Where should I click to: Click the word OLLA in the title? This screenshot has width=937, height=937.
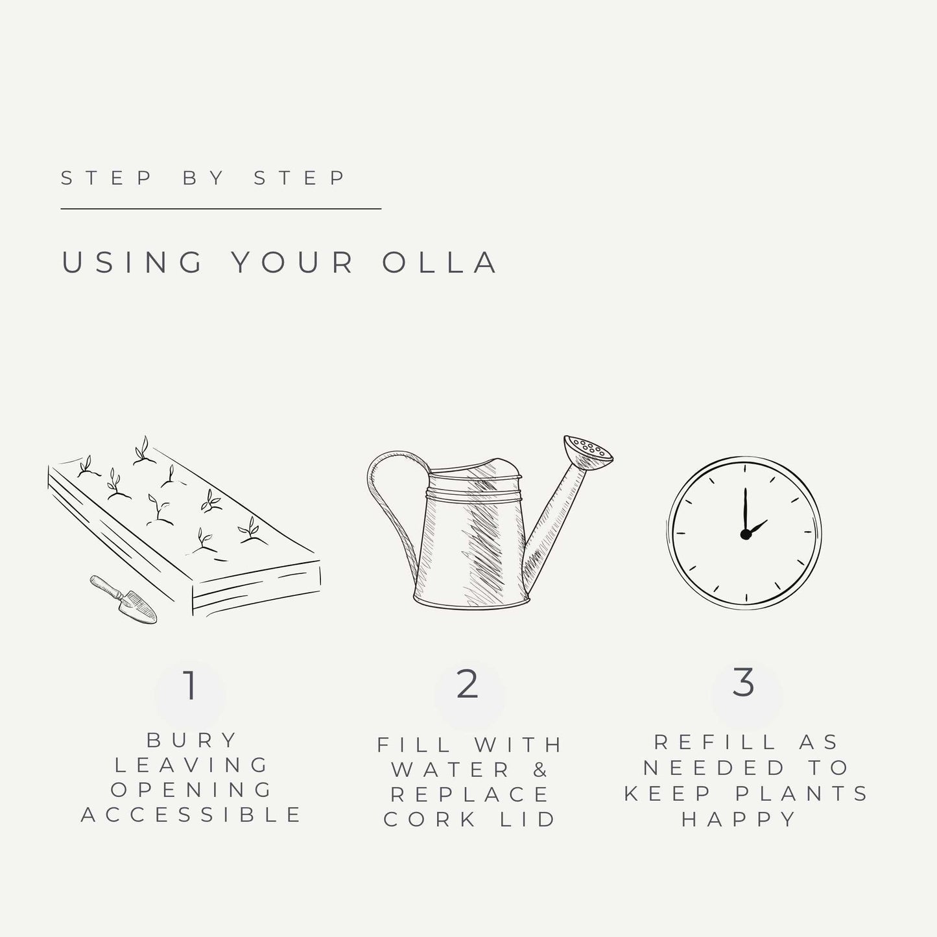[x=440, y=263]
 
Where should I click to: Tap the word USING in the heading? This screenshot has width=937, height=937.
[x=132, y=263]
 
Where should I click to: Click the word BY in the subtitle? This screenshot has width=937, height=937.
[x=203, y=178]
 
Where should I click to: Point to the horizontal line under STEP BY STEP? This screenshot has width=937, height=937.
[x=221, y=209]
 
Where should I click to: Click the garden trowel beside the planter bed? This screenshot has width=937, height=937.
[x=123, y=599]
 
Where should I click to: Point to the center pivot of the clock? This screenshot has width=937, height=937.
[x=745, y=535]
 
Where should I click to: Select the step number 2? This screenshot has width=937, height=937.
[x=468, y=685]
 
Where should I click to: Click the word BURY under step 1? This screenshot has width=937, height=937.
[x=191, y=741]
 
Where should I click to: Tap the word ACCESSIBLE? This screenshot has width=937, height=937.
[x=191, y=815]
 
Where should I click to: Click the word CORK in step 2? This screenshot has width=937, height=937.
[x=430, y=820]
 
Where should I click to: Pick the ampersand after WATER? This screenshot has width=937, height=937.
[x=540, y=770]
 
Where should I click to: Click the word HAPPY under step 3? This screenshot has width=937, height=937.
[x=738, y=820]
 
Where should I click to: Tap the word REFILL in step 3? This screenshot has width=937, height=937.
[x=715, y=742]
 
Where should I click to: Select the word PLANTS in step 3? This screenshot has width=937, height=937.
[x=801, y=794]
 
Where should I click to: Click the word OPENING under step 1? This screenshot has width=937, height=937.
[x=191, y=790]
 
